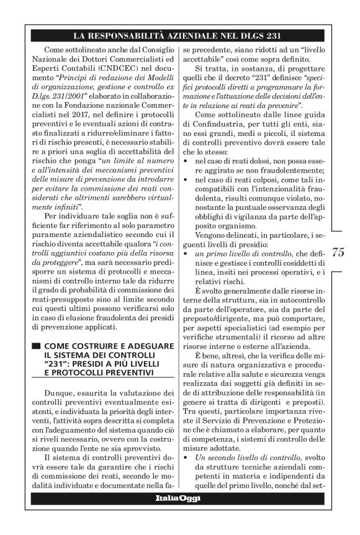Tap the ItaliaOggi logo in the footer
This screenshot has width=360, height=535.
pos(179,516)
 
